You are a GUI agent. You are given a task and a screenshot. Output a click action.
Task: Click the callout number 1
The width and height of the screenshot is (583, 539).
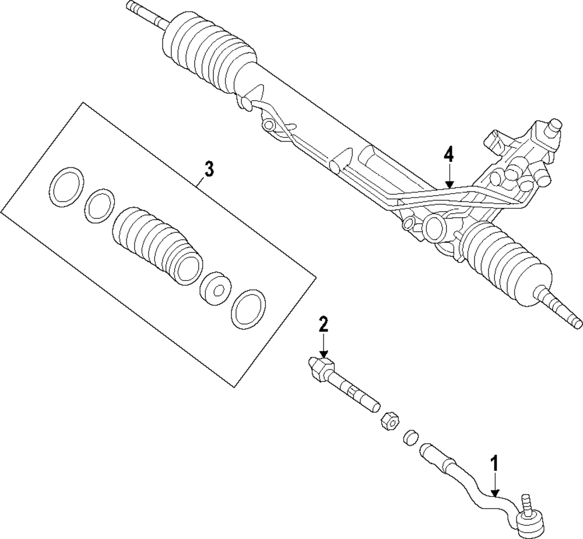(x=494, y=464)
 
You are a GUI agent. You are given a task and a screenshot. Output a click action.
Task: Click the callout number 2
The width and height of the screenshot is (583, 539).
(x=324, y=325)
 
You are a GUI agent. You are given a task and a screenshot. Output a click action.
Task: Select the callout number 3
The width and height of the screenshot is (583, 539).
(x=209, y=169)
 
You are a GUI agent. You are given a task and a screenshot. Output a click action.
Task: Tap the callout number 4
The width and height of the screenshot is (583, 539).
(x=449, y=155)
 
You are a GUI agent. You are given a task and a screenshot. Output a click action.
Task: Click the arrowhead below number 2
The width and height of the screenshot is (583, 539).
(x=324, y=354)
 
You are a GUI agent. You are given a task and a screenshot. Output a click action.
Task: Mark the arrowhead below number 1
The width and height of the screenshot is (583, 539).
(x=495, y=493)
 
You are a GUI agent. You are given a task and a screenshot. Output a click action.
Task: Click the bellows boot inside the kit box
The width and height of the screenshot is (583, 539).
(x=158, y=246)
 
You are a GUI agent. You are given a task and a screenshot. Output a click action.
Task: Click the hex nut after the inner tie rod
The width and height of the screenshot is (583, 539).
(x=389, y=420)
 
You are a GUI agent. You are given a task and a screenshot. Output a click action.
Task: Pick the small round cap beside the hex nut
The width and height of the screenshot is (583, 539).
(x=411, y=437)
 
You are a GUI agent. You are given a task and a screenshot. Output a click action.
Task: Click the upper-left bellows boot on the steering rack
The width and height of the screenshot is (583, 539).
(x=209, y=52)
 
